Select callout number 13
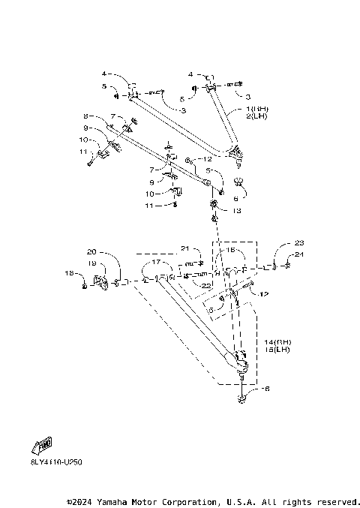(x=238, y=212)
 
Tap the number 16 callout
(x=231, y=250)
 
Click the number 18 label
(x=67, y=274)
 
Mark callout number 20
(x=92, y=251)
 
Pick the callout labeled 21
(x=186, y=249)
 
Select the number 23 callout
(x=299, y=243)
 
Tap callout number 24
(x=299, y=255)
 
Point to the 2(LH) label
(x=256, y=116)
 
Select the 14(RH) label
(x=277, y=342)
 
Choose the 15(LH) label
(x=277, y=350)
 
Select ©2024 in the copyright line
(x=82, y=501)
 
